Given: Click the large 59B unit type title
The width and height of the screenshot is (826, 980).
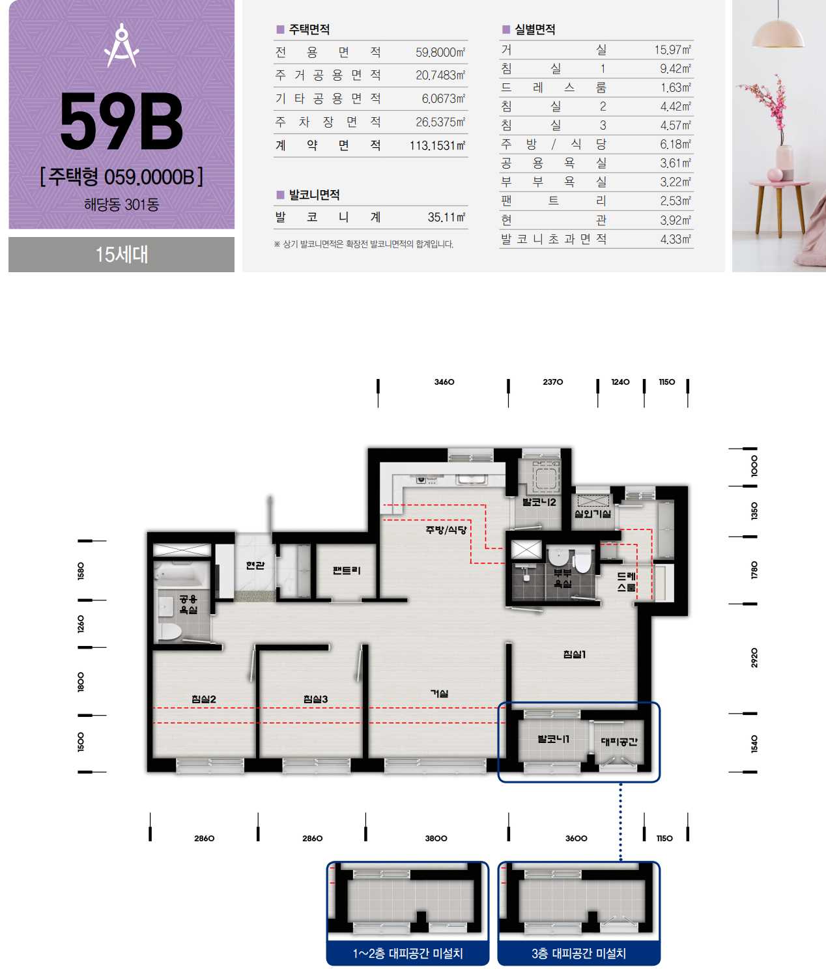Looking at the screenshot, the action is [121, 122].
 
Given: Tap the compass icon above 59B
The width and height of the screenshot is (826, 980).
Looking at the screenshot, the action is [122, 45].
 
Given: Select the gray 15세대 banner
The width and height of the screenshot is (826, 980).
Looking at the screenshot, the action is [121, 255].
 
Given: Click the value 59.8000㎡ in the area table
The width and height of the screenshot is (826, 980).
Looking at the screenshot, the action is [440, 52].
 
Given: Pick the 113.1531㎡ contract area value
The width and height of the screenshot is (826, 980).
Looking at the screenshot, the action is [437, 145].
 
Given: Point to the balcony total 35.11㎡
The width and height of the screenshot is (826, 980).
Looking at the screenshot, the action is [446, 217].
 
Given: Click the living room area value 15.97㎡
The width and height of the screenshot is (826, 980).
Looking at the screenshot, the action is [672, 49].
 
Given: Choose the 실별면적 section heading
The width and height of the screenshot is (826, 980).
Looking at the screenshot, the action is [535, 29].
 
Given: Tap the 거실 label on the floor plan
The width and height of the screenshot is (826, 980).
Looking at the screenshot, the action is [440, 693].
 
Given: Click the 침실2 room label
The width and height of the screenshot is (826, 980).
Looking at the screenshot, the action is [204, 699].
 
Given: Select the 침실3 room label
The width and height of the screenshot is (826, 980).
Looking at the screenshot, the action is [315, 699].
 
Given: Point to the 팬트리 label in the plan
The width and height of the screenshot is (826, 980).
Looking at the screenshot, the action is [347, 570].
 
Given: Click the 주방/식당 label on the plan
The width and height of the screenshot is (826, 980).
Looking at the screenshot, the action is [446, 530].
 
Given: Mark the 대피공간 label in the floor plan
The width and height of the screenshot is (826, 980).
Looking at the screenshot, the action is [619, 742].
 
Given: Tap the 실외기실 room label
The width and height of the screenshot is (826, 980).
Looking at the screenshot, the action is [593, 514].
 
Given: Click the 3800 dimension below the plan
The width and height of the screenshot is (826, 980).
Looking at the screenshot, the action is [436, 838].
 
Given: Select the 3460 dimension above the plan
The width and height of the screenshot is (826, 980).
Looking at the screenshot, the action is [444, 382].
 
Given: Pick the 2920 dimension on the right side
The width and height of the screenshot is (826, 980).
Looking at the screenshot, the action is [754, 658].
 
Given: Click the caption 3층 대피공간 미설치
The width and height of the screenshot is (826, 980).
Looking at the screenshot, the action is [578, 953].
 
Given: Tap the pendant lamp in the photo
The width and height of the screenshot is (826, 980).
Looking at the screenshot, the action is [778, 32].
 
